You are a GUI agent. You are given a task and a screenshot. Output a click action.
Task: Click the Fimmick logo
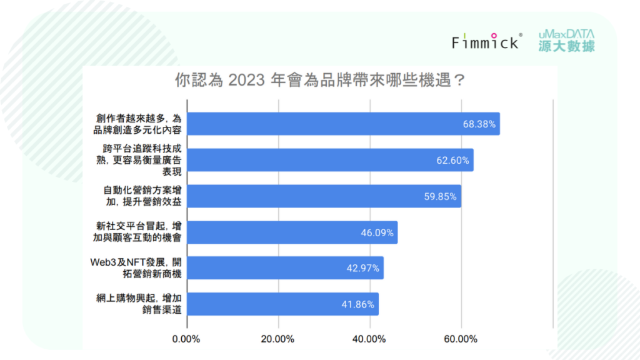(486, 42)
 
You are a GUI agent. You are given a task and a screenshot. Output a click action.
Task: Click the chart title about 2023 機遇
(319, 81)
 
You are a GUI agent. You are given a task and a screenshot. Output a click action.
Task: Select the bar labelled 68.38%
(343, 124)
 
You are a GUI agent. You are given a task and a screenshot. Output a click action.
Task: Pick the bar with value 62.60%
(330, 160)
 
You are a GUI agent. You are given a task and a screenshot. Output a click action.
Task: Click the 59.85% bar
(324, 196)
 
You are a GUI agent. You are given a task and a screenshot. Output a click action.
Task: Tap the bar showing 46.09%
(292, 232)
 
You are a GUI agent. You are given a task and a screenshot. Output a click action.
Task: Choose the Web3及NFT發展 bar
(285, 268)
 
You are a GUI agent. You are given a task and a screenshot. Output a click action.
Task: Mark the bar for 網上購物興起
(282, 304)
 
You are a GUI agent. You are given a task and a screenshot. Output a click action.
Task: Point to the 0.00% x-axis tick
(186, 339)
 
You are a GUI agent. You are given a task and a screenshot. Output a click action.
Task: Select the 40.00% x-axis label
(369, 339)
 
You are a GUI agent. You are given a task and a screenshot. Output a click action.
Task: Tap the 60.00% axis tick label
(461, 339)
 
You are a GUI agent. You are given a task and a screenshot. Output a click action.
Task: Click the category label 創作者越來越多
(137, 124)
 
